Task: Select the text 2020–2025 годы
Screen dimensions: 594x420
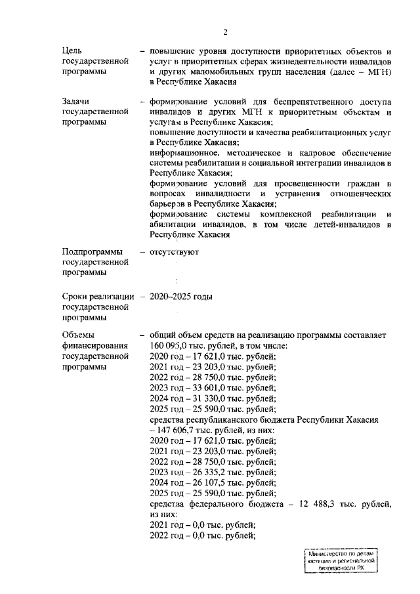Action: [181, 297]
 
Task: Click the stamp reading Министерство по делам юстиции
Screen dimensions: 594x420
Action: [341, 562]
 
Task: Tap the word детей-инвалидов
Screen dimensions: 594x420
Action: [354, 224]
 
